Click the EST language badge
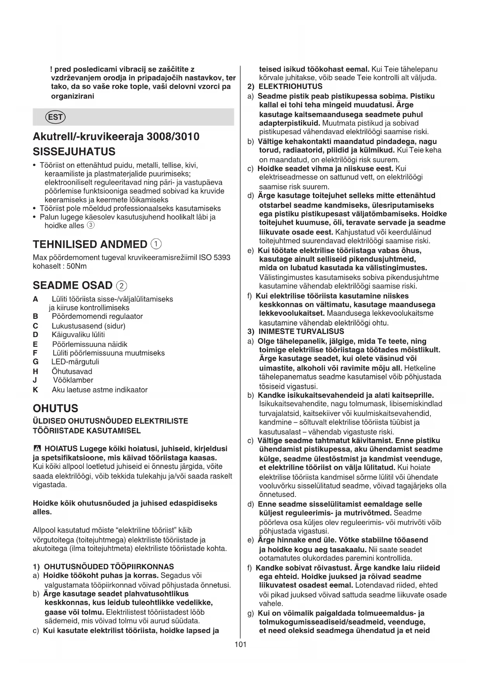click(56, 117)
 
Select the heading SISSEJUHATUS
click(74, 152)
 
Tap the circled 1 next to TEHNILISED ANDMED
click(156, 244)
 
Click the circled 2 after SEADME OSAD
click(122, 286)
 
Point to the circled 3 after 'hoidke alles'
click(90, 225)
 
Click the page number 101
click(240, 644)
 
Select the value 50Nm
click(77, 266)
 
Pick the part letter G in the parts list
click(36, 362)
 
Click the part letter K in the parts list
click(36, 390)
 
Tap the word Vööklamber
click(73, 380)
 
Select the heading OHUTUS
click(55, 408)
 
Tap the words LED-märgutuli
click(75, 362)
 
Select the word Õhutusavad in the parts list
click(72, 371)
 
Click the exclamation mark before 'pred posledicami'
click(51, 69)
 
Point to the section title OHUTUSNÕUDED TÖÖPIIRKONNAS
click(109, 567)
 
